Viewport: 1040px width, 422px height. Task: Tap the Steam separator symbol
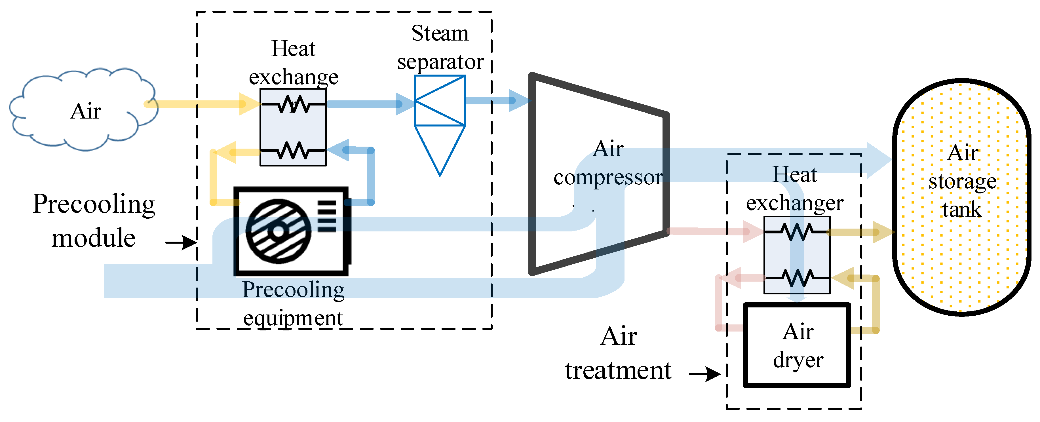[x=440, y=125]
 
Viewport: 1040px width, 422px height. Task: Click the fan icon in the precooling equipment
[x=279, y=231]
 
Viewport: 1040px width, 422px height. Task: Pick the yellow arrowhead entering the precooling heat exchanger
[x=250, y=104]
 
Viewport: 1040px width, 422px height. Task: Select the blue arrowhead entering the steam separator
[x=405, y=104]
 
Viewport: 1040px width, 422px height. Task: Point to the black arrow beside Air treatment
[x=704, y=374]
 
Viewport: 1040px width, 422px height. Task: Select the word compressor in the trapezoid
[x=608, y=177]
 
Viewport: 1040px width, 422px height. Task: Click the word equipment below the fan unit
[x=293, y=318]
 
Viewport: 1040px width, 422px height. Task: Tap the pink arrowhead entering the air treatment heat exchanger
[x=753, y=232]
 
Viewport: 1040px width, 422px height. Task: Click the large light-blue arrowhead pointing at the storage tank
[x=879, y=160]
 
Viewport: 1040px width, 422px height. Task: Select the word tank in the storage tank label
[x=962, y=210]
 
